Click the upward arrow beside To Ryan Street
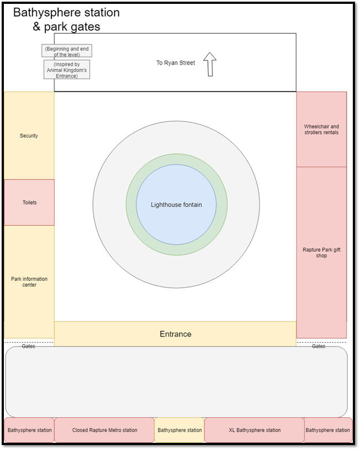coord(210,64)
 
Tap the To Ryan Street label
coord(175,63)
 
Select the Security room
coord(29,136)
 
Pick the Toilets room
coord(29,203)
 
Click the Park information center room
coord(29,282)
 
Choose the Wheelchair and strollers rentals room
coord(321,130)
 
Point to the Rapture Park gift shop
coord(321,252)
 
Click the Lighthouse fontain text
coord(176,205)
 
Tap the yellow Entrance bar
coord(175,334)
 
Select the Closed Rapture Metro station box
coord(105,430)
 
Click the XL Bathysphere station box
coord(254,430)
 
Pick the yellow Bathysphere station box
coord(179,430)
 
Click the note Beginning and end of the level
coord(66,51)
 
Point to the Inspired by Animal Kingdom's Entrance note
coord(66,70)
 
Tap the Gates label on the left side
coord(28,346)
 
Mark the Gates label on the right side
coord(319,346)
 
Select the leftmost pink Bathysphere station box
coord(30,430)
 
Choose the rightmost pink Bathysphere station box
coord(328,430)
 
